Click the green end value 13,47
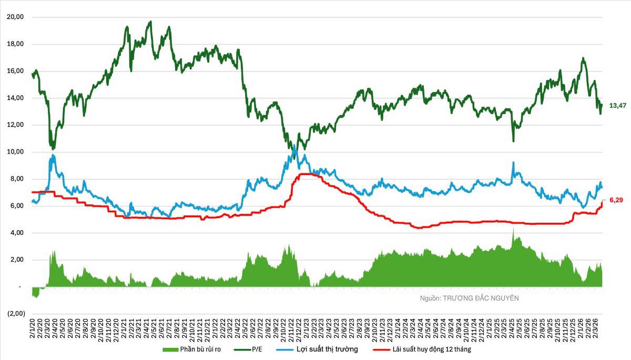pos(617,106)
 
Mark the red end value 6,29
pos(616,200)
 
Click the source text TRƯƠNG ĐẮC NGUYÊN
pos(481,298)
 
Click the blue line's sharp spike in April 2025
pos(513,162)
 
